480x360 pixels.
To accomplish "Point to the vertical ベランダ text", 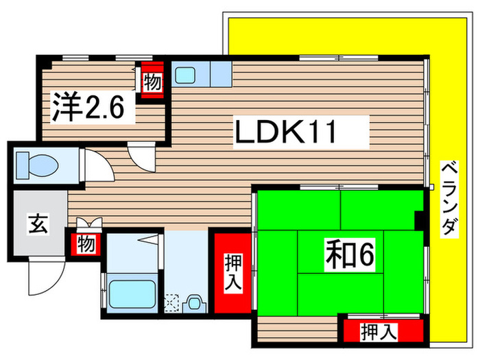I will click(448, 199).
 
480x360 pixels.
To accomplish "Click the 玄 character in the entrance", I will click(38, 224).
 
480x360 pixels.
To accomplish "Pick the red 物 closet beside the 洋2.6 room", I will click(152, 83).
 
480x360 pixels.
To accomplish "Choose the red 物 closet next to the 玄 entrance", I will click(85, 243).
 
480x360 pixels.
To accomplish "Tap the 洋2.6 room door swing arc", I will click(143, 156).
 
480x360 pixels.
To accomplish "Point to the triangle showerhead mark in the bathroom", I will click(149, 240).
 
